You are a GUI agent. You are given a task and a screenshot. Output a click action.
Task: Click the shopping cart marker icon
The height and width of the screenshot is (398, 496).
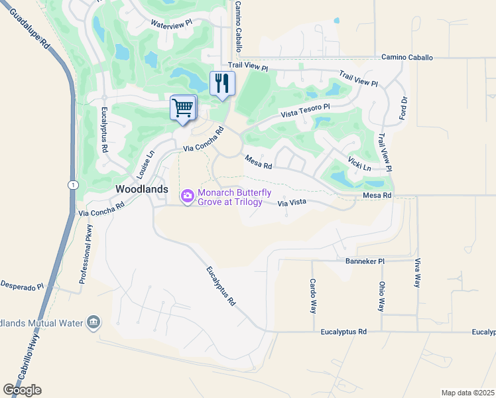[183, 107]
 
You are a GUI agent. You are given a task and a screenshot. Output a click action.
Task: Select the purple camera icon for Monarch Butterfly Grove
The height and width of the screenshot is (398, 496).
[187, 196]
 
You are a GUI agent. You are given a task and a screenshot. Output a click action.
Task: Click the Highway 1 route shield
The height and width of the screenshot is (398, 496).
[71, 183]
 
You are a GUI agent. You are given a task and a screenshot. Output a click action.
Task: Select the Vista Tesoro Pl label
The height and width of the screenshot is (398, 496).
[305, 110]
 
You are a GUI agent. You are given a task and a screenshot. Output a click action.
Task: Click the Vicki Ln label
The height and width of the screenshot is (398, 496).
[358, 163]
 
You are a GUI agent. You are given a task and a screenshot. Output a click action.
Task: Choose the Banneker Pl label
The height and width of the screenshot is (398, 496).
[365, 261]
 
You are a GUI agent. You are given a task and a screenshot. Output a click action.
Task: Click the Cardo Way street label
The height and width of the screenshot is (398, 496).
[312, 296]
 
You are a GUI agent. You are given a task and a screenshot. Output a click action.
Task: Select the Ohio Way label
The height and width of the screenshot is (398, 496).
[381, 297]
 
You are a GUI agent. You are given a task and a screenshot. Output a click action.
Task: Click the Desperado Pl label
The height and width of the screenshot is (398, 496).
[21, 286]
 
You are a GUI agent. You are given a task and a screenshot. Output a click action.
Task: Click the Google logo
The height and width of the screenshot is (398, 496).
[22, 390]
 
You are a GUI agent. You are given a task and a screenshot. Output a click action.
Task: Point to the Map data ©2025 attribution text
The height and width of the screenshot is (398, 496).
[467, 393]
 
